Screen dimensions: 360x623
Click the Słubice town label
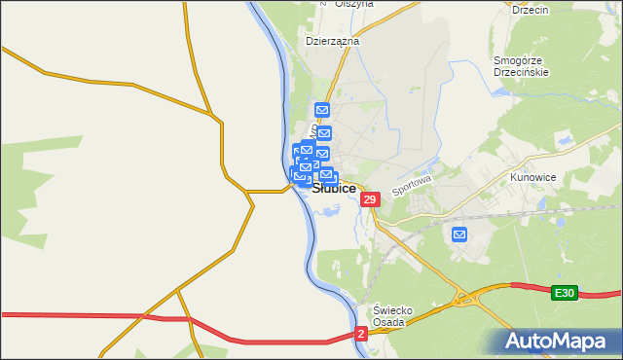point(333,189)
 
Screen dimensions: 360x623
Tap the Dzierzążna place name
point(332,42)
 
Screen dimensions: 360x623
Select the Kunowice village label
point(531,180)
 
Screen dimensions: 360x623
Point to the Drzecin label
point(531,10)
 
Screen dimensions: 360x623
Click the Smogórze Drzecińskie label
point(522,65)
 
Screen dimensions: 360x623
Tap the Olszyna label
point(354,4)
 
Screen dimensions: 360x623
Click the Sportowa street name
point(410,185)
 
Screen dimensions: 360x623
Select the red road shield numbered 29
point(369,199)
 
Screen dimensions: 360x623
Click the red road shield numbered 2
point(361,334)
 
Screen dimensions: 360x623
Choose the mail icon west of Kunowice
point(459,234)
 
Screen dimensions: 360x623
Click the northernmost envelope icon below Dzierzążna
point(322,111)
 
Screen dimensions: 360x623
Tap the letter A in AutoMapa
point(519,342)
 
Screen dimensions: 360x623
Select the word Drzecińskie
point(522,72)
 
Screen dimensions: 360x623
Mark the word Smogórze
point(522,59)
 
